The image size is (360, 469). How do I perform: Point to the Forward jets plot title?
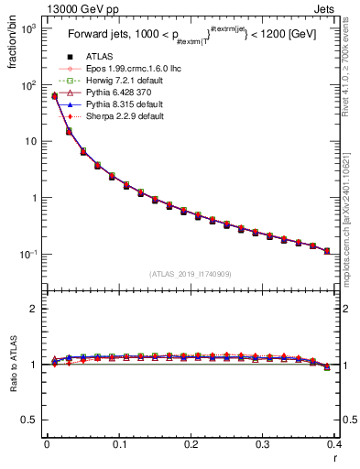click(x=187, y=38)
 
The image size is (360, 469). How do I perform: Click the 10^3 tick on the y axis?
click(x=28, y=28)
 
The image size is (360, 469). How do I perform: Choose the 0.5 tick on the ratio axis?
click(x=29, y=420)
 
